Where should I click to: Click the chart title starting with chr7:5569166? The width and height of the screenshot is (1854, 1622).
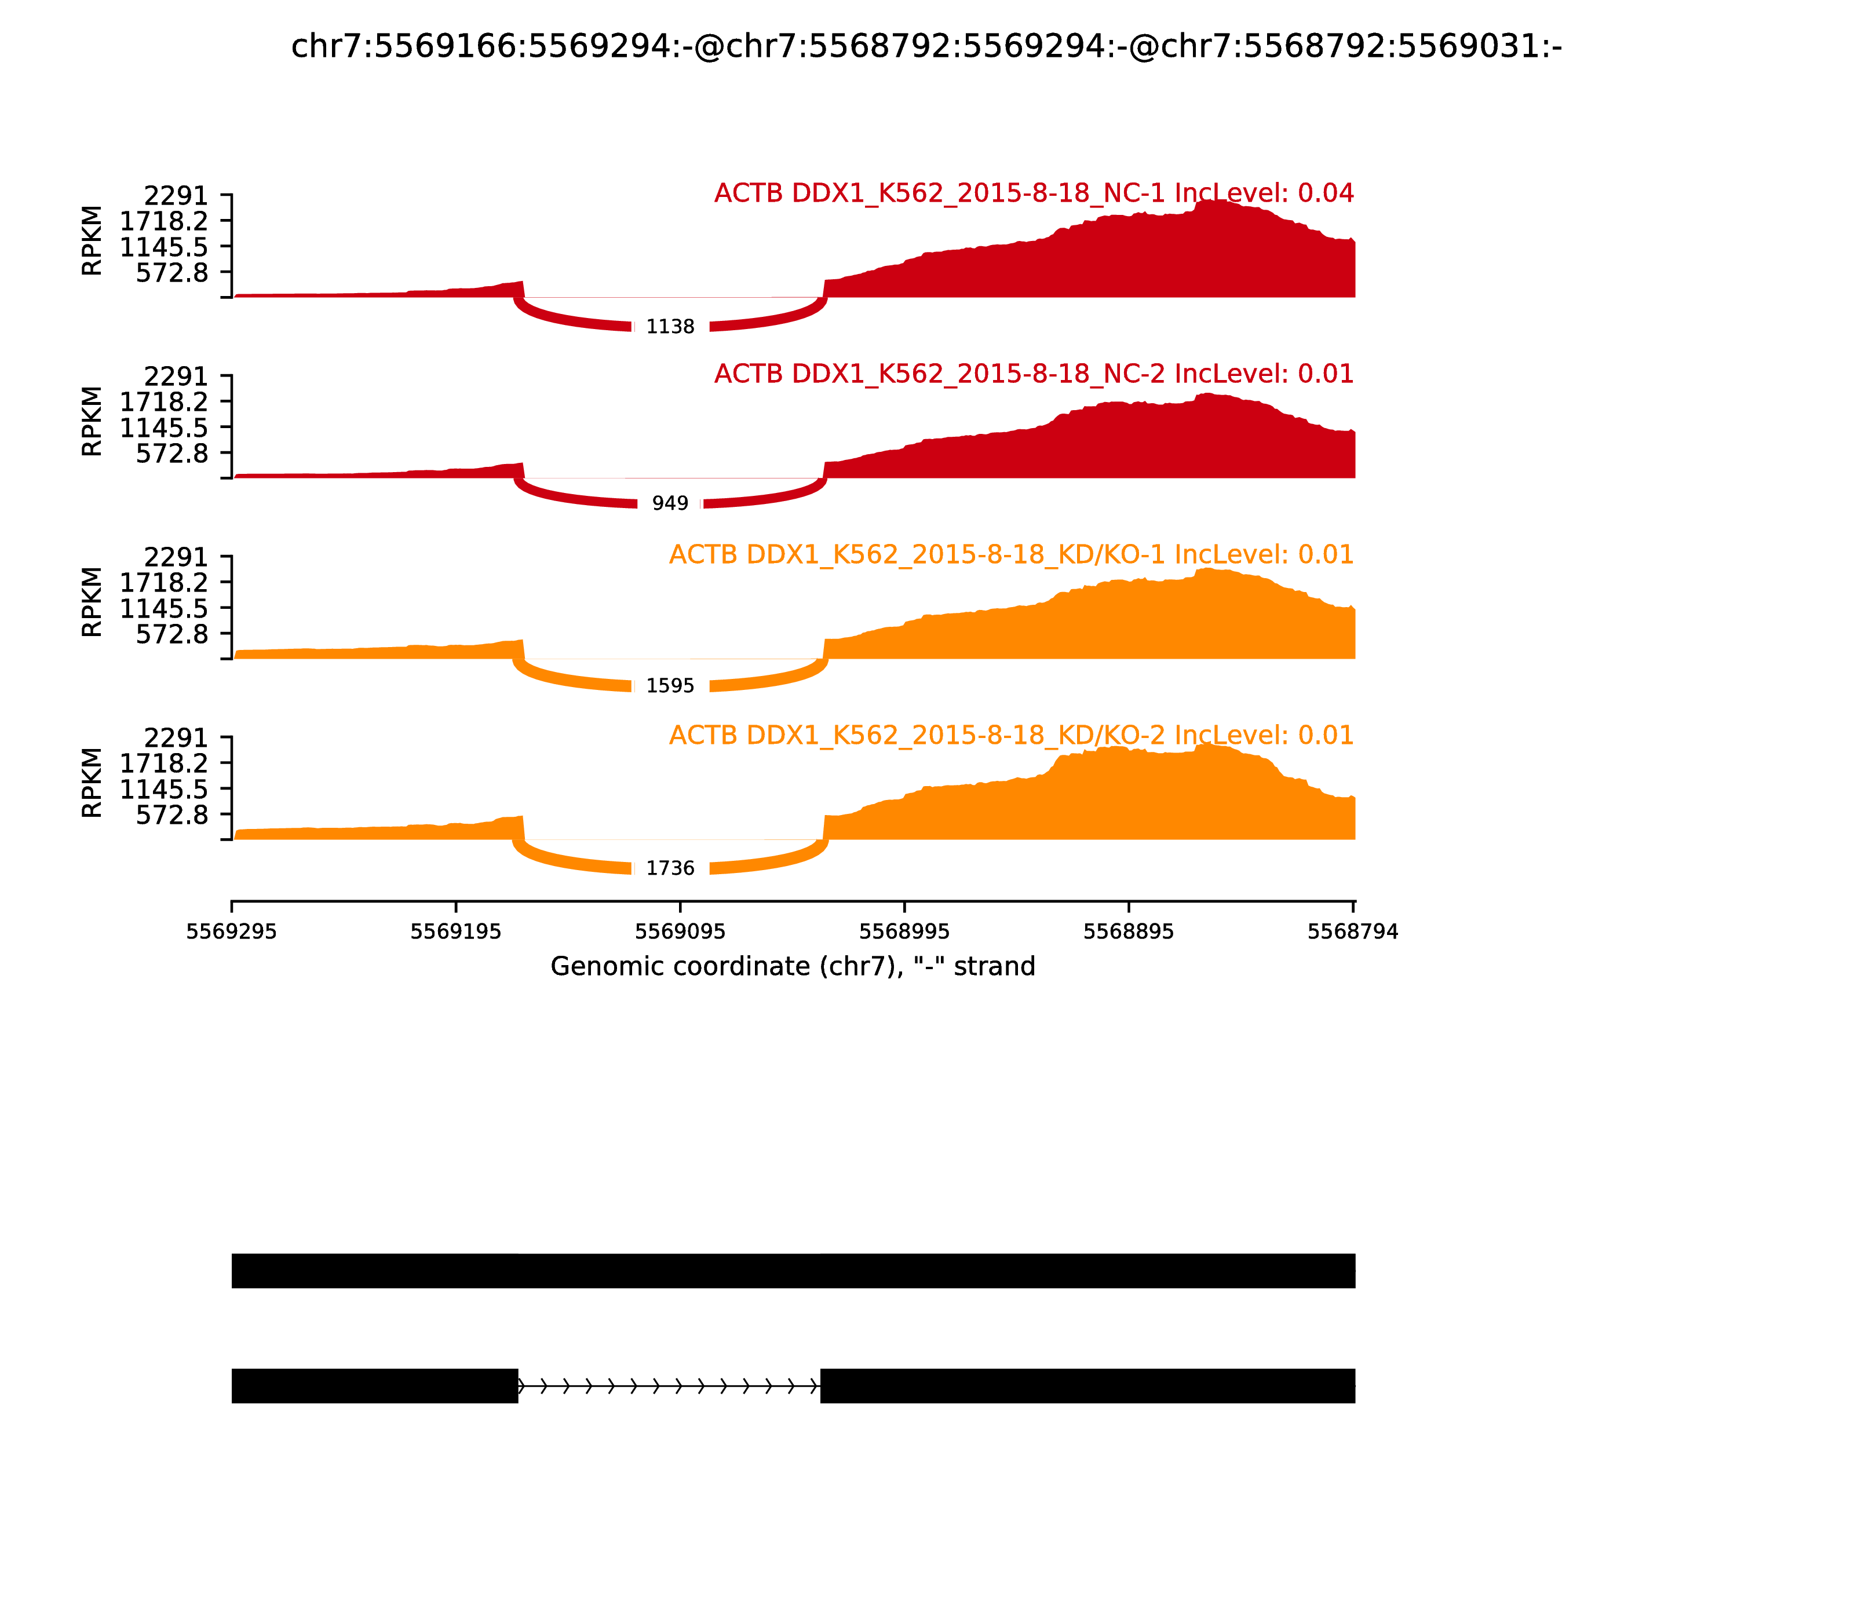click(926, 46)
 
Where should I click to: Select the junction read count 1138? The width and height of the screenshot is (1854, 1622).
click(670, 327)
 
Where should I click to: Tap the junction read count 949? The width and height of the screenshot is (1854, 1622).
click(670, 503)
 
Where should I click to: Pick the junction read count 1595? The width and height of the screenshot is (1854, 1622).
click(670, 686)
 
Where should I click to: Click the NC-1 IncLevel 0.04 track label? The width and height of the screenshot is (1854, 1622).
click(1034, 193)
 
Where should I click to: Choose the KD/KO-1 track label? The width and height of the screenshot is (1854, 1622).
click(1011, 555)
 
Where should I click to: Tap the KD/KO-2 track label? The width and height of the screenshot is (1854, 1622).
click(1011, 735)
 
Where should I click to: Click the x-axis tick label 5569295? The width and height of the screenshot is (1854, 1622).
click(232, 932)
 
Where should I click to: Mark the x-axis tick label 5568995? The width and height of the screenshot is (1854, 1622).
click(904, 932)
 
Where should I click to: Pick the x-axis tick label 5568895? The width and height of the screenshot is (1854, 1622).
click(1128, 932)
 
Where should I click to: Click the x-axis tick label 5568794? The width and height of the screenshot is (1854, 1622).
click(1352, 932)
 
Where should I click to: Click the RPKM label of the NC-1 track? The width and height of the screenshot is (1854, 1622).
click(92, 241)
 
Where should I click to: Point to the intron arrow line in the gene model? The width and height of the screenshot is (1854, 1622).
click(669, 1386)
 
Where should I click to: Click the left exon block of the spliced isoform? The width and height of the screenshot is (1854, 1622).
click(375, 1386)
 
